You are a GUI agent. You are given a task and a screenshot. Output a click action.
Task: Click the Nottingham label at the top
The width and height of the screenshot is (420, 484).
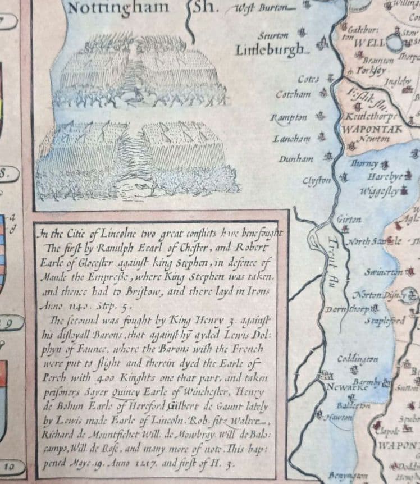pyautogui.click(x=117, y=8)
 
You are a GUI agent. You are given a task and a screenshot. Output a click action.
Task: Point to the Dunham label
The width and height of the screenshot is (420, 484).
pyautogui.click(x=296, y=159)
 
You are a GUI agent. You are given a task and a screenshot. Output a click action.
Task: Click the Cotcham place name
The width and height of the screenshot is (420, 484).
pyautogui.click(x=293, y=94)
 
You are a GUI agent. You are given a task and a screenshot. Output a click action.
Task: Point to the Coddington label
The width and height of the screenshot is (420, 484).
pyautogui.click(x=358, y=359)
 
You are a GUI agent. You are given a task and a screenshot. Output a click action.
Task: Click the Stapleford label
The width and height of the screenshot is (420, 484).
pyautogui.click(x=385, y=321)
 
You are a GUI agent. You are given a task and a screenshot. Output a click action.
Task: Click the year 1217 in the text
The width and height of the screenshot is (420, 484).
pyautogui.click(x=159, y=465)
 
